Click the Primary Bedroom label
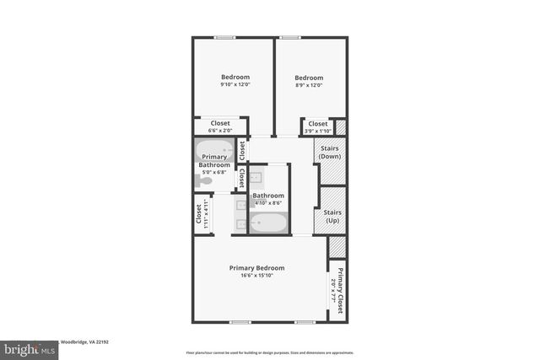pos(256,268)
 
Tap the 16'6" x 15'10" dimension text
pos(256,276)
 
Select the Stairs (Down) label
pos(330,152)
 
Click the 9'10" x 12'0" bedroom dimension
pos(235,84)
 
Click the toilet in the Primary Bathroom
pos(206,180)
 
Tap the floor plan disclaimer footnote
pos(269,352)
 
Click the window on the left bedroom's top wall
pos(224,37)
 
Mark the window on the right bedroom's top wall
pos(290,37)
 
